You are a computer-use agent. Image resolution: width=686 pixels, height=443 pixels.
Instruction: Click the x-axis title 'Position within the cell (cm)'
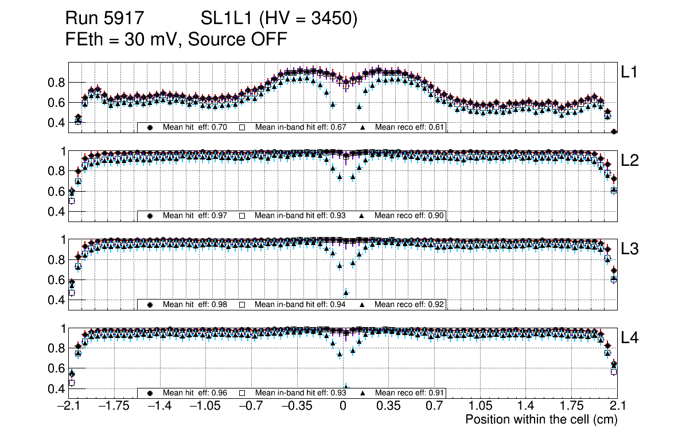[541, 419]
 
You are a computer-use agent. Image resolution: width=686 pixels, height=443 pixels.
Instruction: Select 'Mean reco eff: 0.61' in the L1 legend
[410, 127]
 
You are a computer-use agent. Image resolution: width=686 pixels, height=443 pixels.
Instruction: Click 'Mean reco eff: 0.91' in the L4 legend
[410, 393]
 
